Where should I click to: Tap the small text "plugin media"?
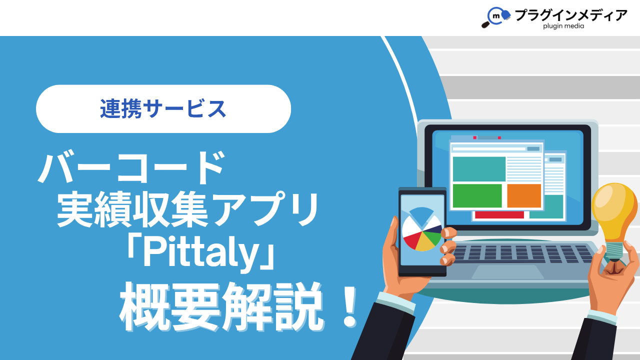[x=563, y=26]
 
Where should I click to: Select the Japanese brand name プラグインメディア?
[x=571, y=15]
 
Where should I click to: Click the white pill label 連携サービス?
[x=163, y=108]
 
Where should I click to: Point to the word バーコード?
[x=131, y=168]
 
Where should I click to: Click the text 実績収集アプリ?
[x=187, y=210]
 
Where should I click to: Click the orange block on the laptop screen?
[x=524, y=195]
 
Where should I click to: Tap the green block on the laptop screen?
[x=477, y=195]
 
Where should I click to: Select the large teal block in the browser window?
[x=479, y=169]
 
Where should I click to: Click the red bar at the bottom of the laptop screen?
[x=499, y=215]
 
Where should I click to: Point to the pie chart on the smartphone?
[x=422, y=229]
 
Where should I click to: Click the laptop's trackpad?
[x=507, y=271]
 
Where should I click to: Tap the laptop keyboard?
[x=522, y=253]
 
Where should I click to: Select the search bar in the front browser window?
[x=489, y=149]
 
